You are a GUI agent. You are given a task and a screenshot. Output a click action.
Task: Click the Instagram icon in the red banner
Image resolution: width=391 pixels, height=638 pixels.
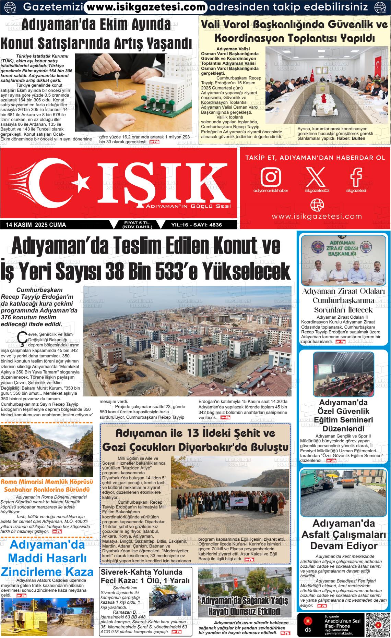click(271, 176)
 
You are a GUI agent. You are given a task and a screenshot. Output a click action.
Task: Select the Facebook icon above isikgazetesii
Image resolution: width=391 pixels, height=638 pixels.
click(356, 176)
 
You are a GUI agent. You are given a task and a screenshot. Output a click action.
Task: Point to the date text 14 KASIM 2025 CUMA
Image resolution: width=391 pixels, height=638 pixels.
click(36, 225)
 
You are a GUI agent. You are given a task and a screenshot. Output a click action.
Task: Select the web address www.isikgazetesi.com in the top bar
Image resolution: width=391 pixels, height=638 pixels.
click(146, 7)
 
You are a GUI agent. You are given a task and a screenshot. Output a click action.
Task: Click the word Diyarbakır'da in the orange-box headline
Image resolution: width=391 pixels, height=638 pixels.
click(216, 447)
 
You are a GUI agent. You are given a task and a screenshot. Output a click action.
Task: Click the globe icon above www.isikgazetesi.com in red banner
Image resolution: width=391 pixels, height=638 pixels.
click(317, 205)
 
